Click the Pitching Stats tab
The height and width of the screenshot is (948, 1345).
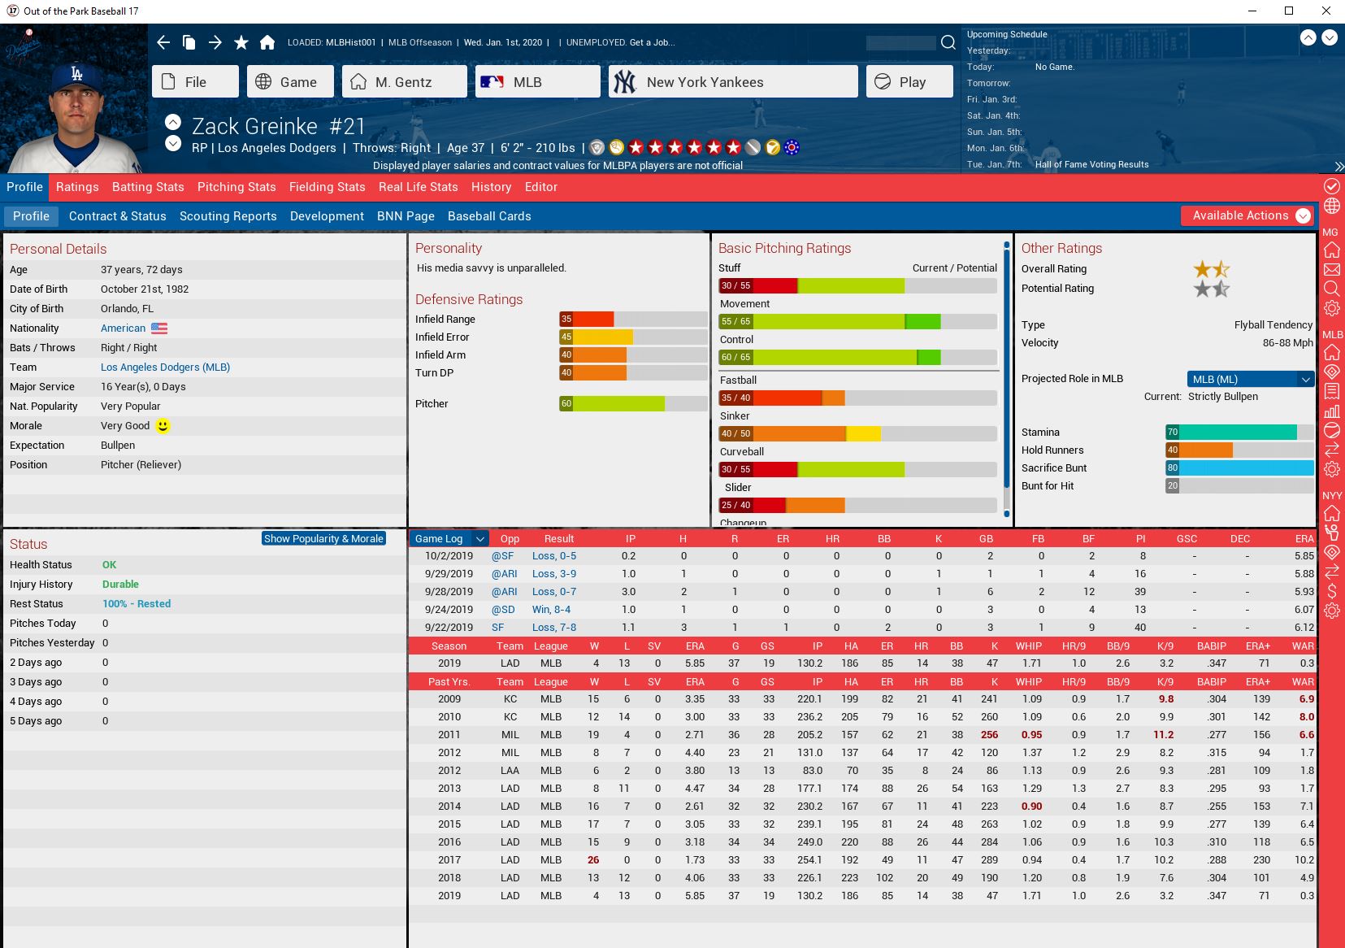[236, 187]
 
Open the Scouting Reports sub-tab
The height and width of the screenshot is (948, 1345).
[228, 216]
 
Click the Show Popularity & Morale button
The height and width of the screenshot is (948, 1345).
[323, 539]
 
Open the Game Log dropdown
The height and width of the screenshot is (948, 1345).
[480, 539]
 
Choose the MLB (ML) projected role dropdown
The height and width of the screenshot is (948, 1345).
[1250, 379]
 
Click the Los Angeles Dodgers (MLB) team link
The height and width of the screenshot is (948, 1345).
[165, 367]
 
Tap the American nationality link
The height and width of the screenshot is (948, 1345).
[124, 328]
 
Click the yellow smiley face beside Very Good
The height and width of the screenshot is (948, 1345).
[163, 426]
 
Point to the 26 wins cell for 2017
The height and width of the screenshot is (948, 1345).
[593, 860]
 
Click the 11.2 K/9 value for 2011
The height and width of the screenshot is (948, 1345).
[1163, 735]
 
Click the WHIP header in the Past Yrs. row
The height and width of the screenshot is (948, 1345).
[1028, 681]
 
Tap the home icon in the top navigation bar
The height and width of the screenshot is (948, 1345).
[267, 42]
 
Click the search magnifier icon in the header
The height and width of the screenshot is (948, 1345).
[948, 42]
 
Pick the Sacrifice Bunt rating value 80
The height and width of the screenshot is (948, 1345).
[1173, 468]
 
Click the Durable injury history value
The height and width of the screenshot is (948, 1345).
[120, 585]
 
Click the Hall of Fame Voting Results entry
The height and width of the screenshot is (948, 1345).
[1091, 164]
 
